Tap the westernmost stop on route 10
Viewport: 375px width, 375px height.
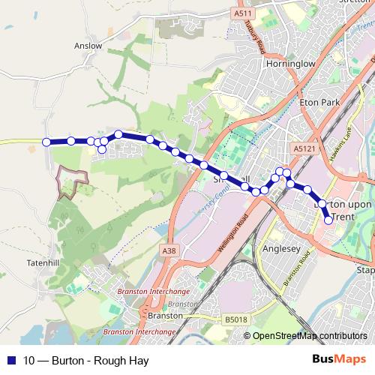point(46,142)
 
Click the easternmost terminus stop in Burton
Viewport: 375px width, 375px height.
point(328,220)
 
